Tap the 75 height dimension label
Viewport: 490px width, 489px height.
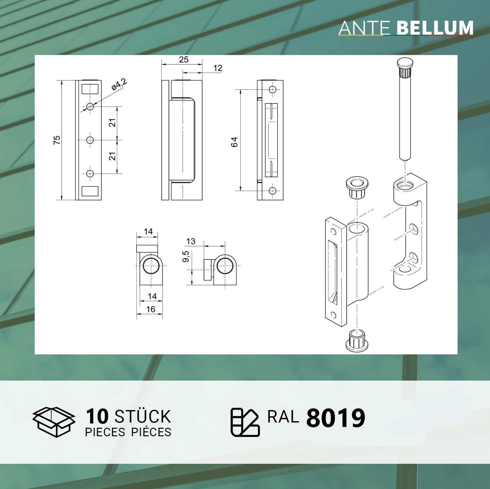point(57,140)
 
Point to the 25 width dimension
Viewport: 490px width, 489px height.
point(184,59)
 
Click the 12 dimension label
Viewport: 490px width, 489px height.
point(218,68)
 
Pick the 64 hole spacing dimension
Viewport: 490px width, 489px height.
point(234,142)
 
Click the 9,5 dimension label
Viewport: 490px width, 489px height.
point(186,256)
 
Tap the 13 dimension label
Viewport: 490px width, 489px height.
point(191,241)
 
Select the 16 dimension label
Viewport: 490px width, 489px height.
point(151,309)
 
